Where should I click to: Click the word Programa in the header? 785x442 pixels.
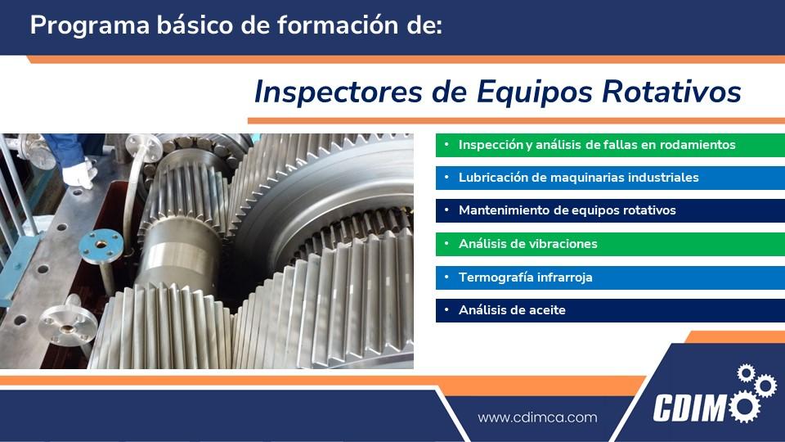(x=90, y=25)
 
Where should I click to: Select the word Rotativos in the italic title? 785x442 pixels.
(x=671, y=92)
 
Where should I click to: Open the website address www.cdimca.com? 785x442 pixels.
(x=538, y=417)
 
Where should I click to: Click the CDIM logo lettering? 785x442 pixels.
(x=689, y=408)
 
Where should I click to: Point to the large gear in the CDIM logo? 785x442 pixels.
(x=744, y=407)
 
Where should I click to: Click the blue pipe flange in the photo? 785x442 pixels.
(x=101, y=246)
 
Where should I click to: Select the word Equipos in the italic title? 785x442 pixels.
(x=535, y=92)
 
